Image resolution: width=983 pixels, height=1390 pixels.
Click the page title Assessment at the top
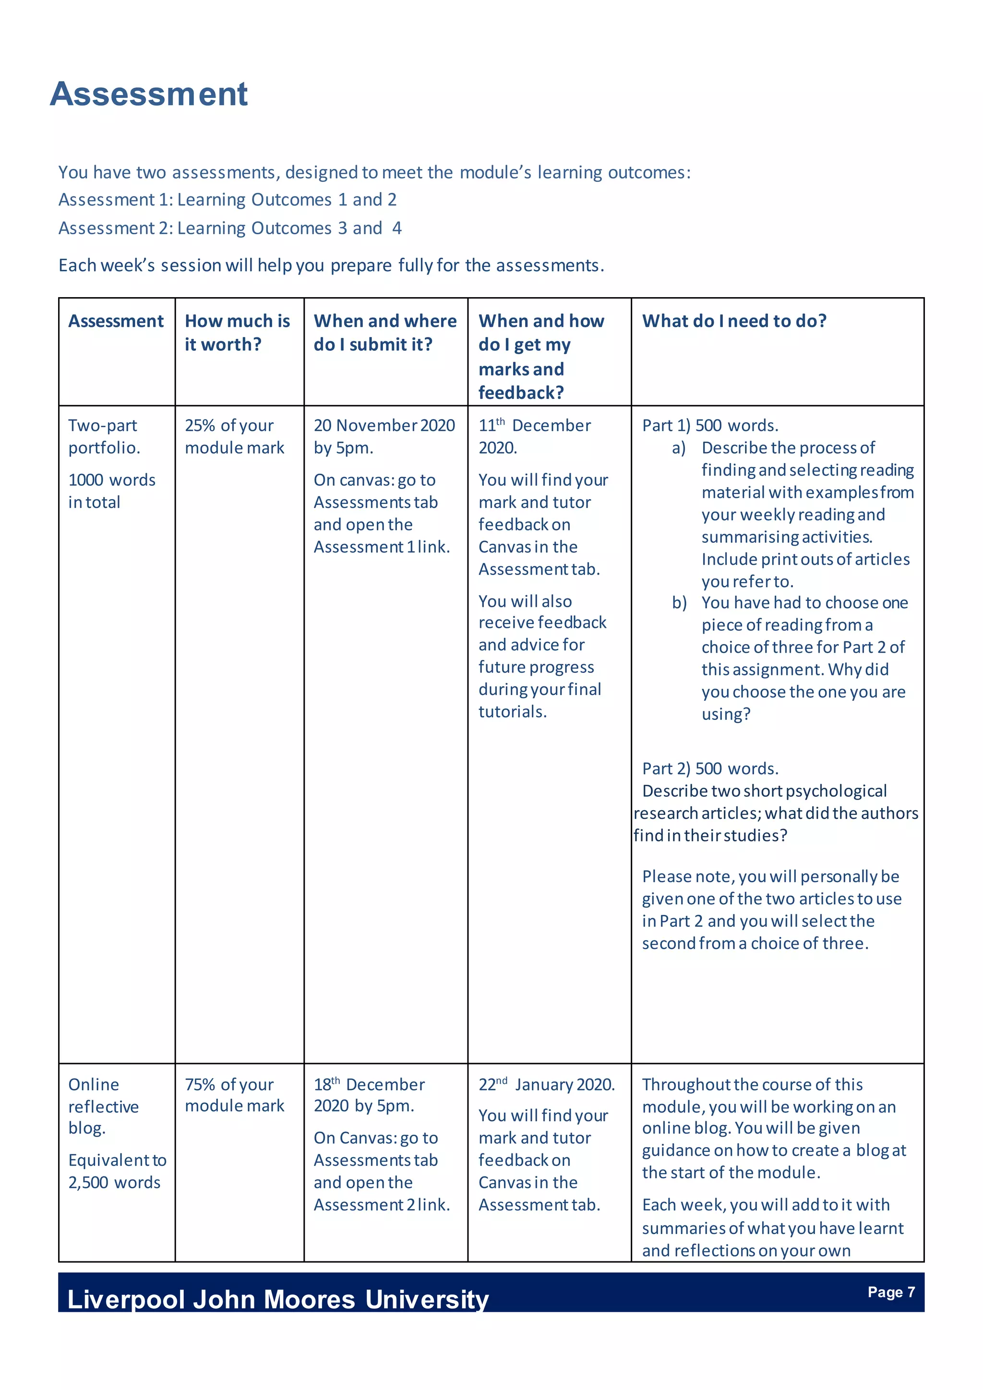pos(149,95)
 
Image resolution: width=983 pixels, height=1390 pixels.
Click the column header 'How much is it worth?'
pos(237,332)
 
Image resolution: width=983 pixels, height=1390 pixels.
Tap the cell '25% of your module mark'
pos(234,436)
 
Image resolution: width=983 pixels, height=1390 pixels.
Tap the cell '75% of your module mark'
pos(234,1095)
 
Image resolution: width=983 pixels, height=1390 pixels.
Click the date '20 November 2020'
pos(384,426)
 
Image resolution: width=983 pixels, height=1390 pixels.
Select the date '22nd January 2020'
pos(546,1084)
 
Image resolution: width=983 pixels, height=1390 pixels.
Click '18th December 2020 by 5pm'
pos(369,1095)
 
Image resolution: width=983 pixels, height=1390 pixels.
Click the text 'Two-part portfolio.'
pos(104,436)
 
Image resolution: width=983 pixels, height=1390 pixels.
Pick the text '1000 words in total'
pos(111,491)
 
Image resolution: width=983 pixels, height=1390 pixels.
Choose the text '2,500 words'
pos(114,1182)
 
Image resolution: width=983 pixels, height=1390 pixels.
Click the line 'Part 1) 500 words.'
pos(709,426)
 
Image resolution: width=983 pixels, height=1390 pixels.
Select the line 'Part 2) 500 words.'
pos(709,769)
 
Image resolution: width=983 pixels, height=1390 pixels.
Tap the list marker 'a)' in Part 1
pos(679,448)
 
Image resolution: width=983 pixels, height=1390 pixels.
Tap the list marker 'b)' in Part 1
pos(679,603)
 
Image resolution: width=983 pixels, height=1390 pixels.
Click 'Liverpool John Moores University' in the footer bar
pos(278,1299)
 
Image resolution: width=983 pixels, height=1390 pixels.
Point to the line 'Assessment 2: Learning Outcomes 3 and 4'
pos(230,228)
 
